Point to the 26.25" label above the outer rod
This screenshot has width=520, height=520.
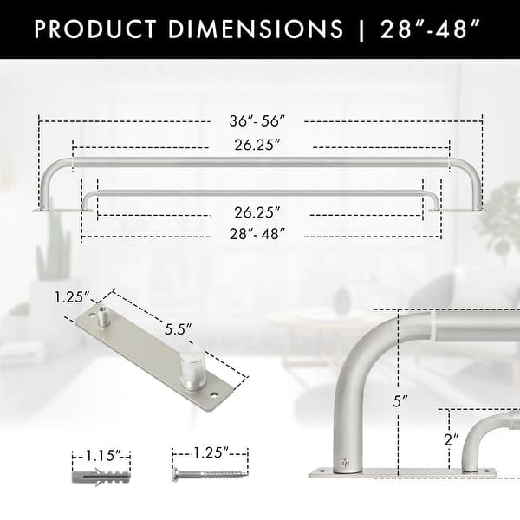tap(257, 146)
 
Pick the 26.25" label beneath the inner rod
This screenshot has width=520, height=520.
tap(257, 211)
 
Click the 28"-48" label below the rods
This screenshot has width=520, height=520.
tap(257, 233)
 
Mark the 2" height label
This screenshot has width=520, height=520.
tap(449, 439)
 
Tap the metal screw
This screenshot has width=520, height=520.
tap(209, 475)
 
